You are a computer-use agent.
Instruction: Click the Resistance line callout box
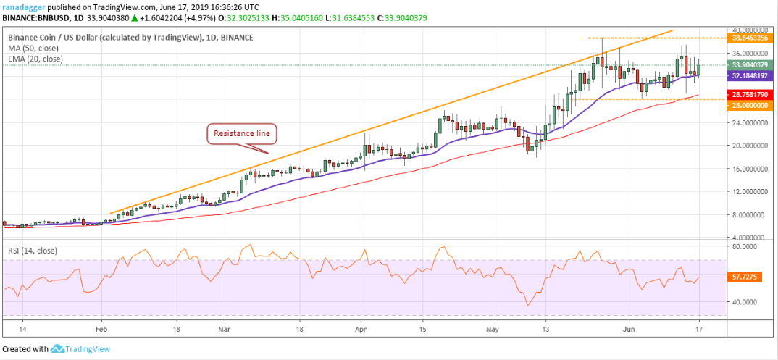241,133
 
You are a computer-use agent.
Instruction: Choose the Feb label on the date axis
101,327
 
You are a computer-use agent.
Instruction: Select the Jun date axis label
629,327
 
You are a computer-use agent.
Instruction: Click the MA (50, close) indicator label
35,48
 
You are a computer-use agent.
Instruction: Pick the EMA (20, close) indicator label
37,59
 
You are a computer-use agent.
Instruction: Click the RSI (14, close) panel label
33,251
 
